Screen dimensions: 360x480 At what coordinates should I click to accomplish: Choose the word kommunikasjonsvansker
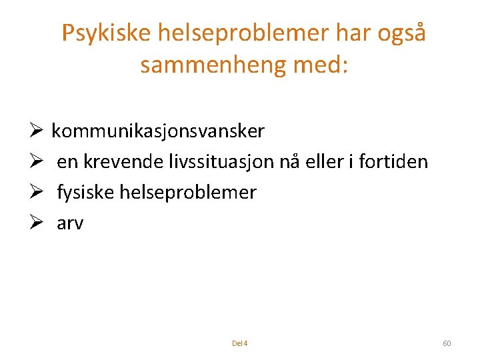[158, 131]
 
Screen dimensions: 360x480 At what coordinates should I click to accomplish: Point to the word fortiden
[393, 162]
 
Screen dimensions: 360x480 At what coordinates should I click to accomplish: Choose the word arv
[70, 223]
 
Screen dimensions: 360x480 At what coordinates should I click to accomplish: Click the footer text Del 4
[239, 343]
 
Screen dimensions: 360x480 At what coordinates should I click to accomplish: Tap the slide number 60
[447, 343]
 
